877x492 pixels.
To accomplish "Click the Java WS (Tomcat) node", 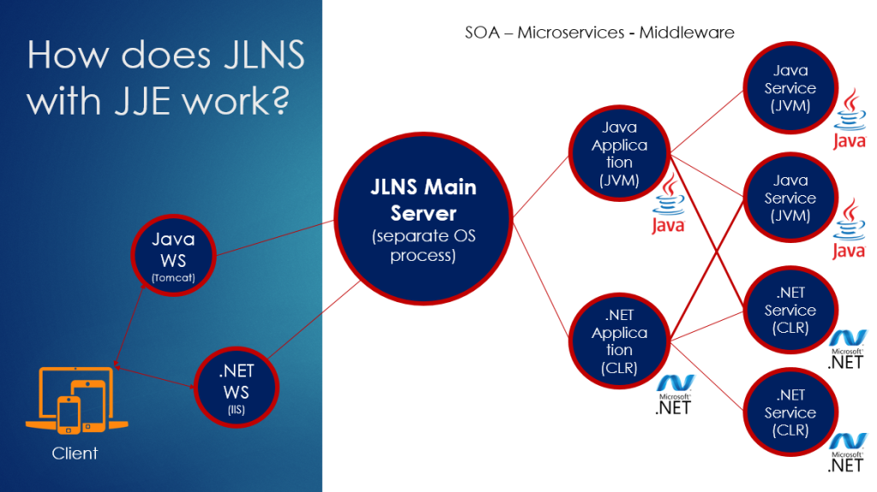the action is [173, 256].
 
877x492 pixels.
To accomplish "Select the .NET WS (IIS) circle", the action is [236, 388].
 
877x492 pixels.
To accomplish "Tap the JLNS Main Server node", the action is [423, 218].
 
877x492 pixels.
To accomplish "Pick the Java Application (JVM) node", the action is [619, 153].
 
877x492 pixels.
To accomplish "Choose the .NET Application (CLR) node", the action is [619, 341].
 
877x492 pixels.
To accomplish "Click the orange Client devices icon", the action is [76, 400].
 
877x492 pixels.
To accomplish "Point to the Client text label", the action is [75, 453].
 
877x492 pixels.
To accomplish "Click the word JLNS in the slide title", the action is [264, 55].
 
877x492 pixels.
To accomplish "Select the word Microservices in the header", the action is [570, 33].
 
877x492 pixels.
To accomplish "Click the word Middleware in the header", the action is [686, 33].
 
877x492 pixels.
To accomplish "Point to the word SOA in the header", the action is [482, 33].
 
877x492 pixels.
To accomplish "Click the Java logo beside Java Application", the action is [668, 205].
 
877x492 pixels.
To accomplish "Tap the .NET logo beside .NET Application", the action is [674, 395].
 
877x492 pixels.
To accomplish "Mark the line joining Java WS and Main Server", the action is [275, 238].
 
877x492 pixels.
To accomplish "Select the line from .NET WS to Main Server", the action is [314, 319].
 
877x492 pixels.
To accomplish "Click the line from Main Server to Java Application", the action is [541, 187].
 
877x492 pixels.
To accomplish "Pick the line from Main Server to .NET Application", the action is [541, 279].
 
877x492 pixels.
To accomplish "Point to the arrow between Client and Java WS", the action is [129, 323].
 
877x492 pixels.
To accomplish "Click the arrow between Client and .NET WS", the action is [155, 376].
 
